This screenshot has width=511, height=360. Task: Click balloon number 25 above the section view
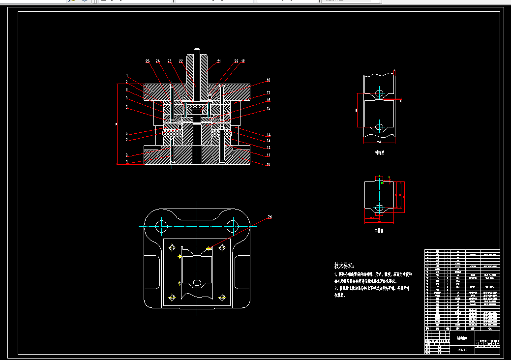click(x=148, y=61)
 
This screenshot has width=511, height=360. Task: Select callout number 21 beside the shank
click(x=219, y=61)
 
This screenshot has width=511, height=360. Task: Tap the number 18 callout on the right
click(x=269, y=80)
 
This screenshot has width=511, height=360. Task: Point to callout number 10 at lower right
click(x=269, y=165)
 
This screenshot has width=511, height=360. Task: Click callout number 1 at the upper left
click(x=127, y=76)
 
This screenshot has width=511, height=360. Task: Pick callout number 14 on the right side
click(x=269, y=135)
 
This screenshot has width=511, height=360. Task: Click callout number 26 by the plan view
click(x=270, y=217)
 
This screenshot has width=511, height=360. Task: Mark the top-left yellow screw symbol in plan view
click(x=172, y=247)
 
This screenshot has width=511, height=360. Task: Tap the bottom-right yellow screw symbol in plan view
click(x=222, y=297)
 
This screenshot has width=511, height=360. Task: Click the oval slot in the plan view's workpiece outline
click(x=197, y=283)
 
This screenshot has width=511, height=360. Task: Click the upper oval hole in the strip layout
click(x=379, y=92)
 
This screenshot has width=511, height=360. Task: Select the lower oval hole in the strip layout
click(x=379, y=127)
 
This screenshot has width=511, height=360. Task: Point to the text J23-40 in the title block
click(x=462, y=350)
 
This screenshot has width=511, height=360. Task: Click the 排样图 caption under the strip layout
click(x=379, y=153)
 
